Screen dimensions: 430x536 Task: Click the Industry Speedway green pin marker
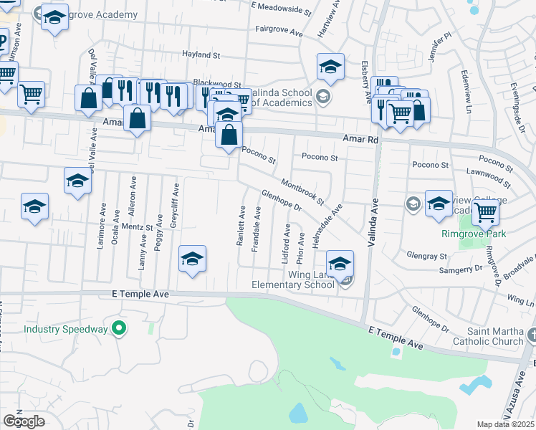point(120,329)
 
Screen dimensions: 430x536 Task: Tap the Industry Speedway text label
point(65,330)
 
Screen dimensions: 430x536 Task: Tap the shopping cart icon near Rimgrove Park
point(486,211)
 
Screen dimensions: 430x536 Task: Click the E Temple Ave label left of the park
point(140,294)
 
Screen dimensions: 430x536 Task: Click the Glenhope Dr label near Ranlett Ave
point(281,200)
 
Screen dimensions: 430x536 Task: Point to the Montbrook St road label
point(303,190)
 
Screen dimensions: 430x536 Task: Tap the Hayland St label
point(201,54)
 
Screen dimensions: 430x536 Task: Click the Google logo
point(24,421)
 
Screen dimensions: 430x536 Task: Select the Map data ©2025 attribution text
point(506,424)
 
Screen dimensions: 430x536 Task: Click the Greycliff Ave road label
point(174,205)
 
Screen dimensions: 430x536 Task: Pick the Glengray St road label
point(426,256)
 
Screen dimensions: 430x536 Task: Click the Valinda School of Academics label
point(277,97)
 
